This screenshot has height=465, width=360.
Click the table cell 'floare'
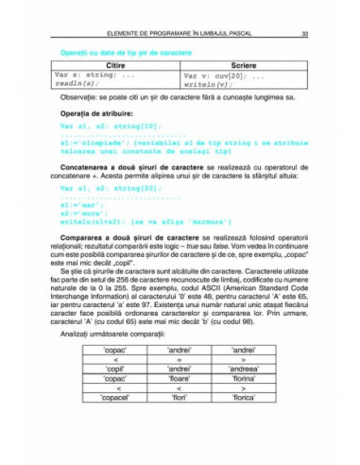180,383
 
